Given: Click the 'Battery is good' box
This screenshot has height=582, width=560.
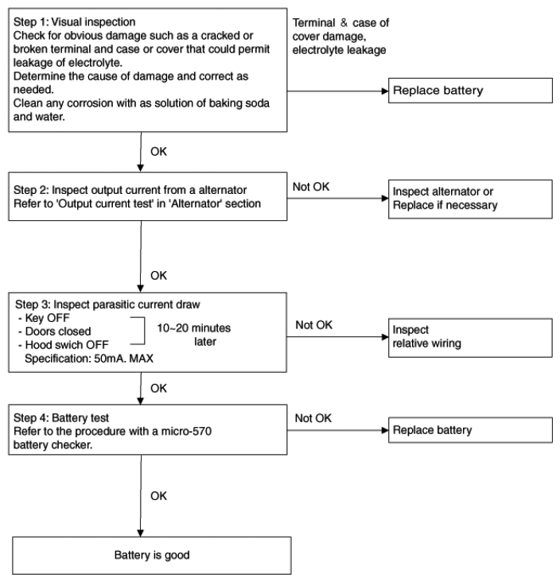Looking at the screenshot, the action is pos(151,555).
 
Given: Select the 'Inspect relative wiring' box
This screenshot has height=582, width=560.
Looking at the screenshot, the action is pos(470,337).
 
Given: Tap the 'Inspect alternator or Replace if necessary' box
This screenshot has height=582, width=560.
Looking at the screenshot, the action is pos(470,199).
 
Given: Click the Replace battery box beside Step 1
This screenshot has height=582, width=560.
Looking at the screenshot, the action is pos(470,91).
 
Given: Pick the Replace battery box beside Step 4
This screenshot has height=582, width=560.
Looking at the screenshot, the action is pos(470,430).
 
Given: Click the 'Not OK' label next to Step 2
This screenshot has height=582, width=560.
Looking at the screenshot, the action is pos(311,187).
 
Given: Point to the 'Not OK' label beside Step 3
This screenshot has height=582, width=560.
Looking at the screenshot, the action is pos(313,324).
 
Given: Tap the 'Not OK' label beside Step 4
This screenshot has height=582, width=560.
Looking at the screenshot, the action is pos(313,418).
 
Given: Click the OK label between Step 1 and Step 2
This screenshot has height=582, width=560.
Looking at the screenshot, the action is pos(158,151).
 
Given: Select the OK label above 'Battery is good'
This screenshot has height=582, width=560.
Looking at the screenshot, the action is pos(158,496).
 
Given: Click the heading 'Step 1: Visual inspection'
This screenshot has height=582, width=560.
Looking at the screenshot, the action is pos(74,22).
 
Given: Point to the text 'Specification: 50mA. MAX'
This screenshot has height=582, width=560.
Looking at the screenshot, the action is pos(89,359).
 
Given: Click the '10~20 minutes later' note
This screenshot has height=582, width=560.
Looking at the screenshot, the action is pos(194,335).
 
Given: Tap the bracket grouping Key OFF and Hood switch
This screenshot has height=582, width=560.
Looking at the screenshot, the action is pos(145,331).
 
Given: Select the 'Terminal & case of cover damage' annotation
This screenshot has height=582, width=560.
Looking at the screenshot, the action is pos(340,36).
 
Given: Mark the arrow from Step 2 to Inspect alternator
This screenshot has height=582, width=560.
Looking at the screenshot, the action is pos(337,199).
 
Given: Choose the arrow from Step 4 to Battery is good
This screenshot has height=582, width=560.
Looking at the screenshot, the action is pos(141,495).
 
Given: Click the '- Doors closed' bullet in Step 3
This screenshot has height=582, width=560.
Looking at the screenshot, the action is pos(55,332).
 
